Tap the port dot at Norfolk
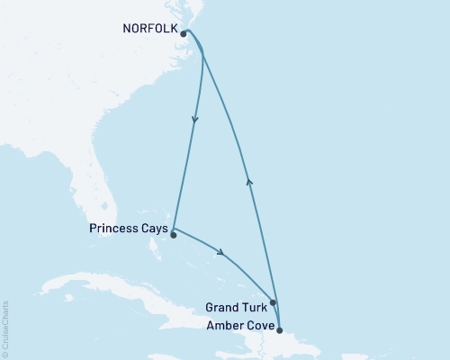coord(184,34)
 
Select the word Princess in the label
coord(113,229)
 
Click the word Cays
coord(153,229)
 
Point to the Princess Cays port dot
coord(173,236)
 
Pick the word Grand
coord(221,306)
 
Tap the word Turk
coord(252,306)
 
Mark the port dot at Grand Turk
coord(273,303)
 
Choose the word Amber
coord(225,322)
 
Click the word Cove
coord(256,322)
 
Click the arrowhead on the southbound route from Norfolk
coord(195,120)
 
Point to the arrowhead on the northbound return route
coord(249,182)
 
